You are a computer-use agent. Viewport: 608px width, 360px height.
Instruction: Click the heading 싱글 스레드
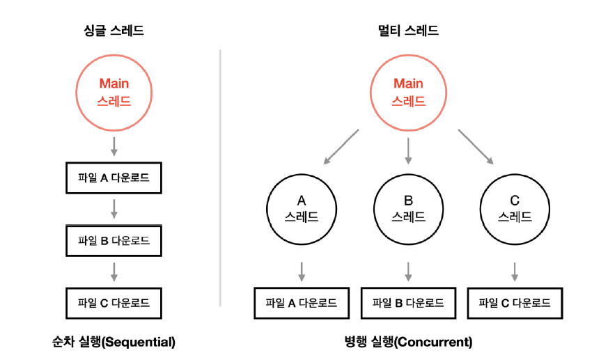(x=114, y=31)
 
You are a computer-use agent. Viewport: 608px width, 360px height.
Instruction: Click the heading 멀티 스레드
(x=408, y=31)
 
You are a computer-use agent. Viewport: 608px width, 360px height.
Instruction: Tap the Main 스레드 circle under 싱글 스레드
(x=114, y=91)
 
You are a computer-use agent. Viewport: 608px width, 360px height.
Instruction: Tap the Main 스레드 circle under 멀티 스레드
(x=408, y=91)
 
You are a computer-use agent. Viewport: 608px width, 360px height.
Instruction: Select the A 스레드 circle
(x=302, y=208)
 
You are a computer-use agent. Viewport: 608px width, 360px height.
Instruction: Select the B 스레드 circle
(x=408, y=208)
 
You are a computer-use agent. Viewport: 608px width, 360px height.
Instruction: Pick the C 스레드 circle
(x=515, y=208)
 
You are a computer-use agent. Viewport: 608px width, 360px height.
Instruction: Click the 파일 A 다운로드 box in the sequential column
(x=114, y=178)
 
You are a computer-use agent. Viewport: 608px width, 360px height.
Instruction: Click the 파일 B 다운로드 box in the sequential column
(x=114, y=241)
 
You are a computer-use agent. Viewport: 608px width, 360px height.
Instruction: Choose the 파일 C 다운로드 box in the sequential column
(x=114, y=303)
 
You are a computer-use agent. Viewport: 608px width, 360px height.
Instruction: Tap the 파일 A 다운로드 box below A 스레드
(x=302, y=303)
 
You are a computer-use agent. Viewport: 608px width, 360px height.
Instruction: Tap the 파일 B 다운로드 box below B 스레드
(x=408, y=303)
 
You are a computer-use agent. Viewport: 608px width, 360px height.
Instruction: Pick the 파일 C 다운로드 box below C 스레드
(x=515, y=303)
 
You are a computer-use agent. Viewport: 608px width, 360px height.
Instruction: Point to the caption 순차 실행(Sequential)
(x=114, y=342)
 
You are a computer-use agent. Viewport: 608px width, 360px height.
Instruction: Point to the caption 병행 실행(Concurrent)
(x=408, y=342)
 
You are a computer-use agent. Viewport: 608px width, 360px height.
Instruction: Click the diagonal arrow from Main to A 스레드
(x=341, y=146)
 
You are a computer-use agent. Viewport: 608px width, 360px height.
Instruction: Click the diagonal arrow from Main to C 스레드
(x=476, y=146)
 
